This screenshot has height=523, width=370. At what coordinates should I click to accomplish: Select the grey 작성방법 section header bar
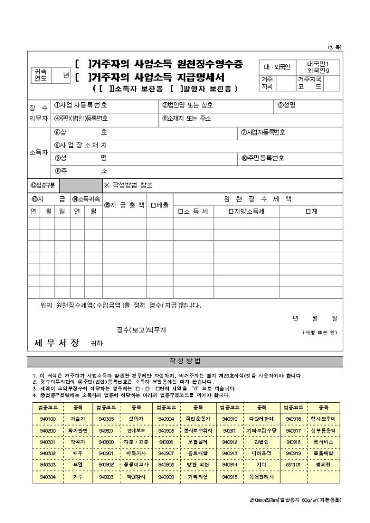coord(184,361)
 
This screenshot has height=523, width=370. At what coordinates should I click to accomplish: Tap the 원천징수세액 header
coord(258,198)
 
